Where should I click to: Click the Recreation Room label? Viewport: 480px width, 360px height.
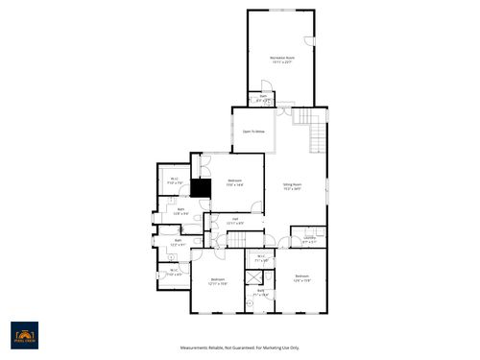pyautogui.click(x=282, y=59)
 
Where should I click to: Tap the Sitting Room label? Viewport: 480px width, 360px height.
pyautogui.click(x=292, y=186)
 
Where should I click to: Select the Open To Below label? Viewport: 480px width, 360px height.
pyautogui.click(x=253, y=132)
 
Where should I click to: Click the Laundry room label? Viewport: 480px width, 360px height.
pyautogui.click(x=309, y=239)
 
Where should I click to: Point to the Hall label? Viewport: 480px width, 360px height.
pyautogui.click(x=234, y=221)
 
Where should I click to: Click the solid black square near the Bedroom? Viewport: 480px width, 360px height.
pyautogui.click(x=201, y=188)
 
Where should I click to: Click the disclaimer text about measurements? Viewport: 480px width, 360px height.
pyautogui.click(x=239, y=348)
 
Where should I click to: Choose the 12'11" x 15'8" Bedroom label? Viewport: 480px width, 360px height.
pyautogui.click(x=218, y=281)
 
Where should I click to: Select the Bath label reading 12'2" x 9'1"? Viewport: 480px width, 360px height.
pyautogui.click(x=178, y=242)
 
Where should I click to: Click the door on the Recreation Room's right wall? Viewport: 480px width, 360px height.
pyautogui.click(x=310, y=41)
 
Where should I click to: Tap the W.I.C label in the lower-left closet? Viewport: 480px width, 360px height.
pyautogui.click(x=175, y=273)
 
